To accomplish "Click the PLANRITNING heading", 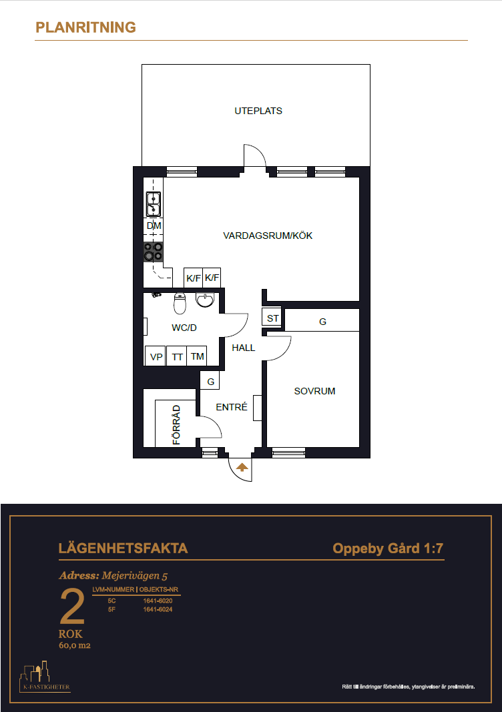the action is [85, 27].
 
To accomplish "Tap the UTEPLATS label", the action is [258, 111].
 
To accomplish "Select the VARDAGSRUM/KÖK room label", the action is [268, 236].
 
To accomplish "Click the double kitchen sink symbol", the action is [153, 204].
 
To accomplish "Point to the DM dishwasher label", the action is [154, 226].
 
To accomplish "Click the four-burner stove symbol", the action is [153, 252].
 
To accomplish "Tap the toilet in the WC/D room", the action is [180, 304].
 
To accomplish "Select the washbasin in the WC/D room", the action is [205, 300].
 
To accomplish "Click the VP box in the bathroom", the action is [155, 356].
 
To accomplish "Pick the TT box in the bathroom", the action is [177, 356].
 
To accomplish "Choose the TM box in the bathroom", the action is [197, 356].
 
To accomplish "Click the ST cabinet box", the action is [272, 317].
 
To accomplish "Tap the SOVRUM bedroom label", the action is [314, 391].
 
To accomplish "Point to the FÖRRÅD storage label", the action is [176, 424].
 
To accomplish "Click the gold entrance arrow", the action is [242, 467].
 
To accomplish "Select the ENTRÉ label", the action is [231, 407].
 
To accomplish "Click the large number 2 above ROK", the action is [72, 606].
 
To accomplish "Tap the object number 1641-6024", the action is [158, 609].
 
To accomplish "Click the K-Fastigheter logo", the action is [45, 677].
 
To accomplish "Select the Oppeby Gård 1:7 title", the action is [388, 549].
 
